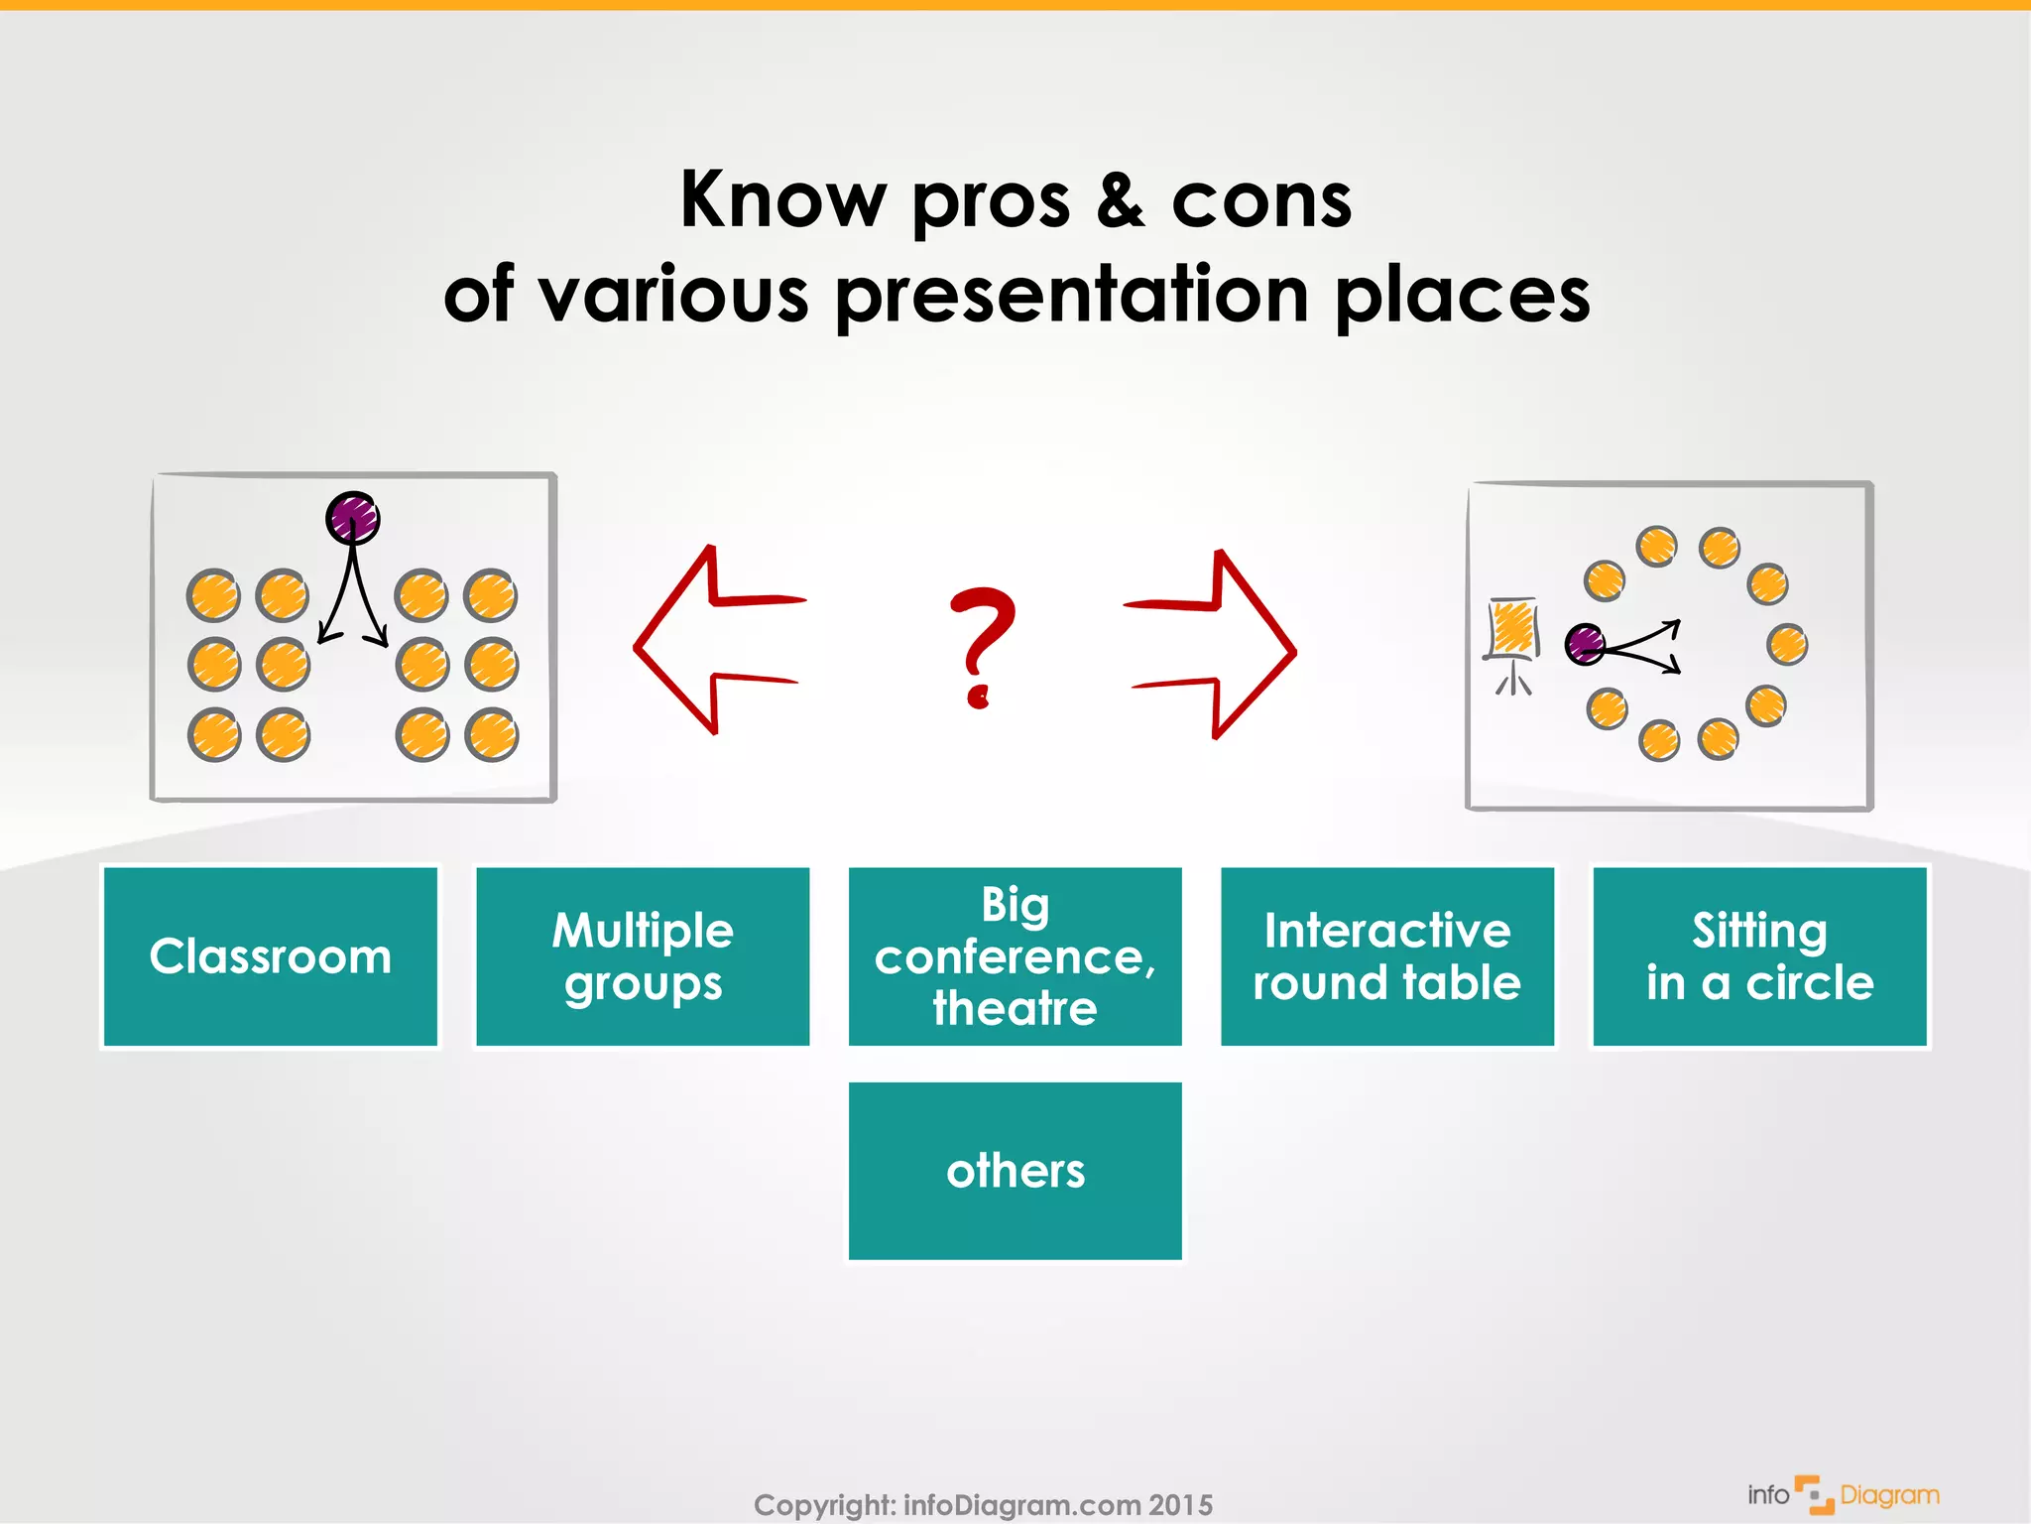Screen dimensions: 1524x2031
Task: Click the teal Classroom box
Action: pos(270,956)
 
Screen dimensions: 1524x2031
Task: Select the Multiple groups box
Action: pos(643,956)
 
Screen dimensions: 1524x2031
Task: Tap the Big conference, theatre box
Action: pos(1015,956)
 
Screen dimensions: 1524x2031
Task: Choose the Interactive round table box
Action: pos(1386,956)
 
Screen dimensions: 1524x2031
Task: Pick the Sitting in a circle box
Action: pos(1759,956)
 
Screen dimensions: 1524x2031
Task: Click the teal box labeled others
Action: pos(1015,1171)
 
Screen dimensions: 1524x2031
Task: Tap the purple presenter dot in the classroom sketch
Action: pos(353,518)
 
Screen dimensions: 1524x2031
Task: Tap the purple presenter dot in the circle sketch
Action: pos(1585,644)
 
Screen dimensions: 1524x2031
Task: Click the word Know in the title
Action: pos(782,199)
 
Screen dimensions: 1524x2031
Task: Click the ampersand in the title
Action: pos(1121,199)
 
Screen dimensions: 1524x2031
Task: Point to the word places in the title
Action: pos(1462,296)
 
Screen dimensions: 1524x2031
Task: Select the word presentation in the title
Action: pos(1072,296)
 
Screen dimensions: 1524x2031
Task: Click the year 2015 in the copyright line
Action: pos(1180,1505)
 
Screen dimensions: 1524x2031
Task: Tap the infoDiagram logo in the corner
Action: pos(1843,1494)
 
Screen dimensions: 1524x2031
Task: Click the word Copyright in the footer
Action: pos(823,1505)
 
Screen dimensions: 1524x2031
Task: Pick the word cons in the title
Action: pos(1261,199)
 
